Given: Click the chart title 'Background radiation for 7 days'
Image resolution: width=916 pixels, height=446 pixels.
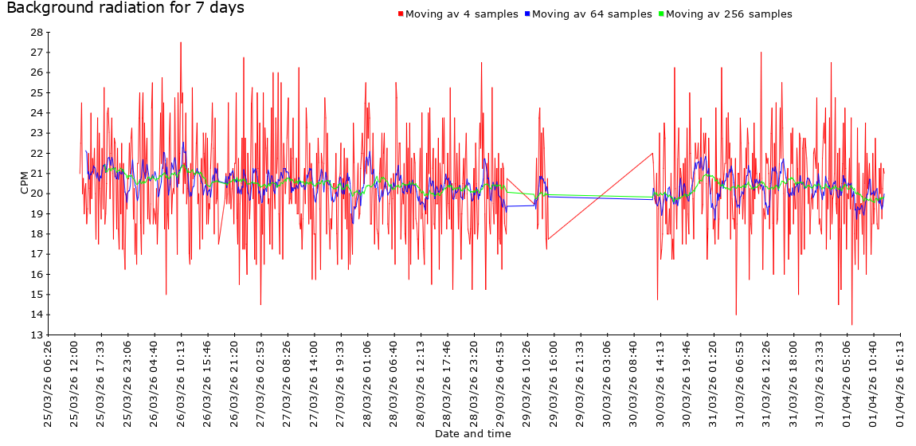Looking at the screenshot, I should click(x=125, y=9).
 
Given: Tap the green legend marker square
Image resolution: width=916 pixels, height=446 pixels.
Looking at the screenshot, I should click(x=660, y=14).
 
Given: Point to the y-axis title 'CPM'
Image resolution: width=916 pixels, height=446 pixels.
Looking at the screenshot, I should click(x=24, y=183).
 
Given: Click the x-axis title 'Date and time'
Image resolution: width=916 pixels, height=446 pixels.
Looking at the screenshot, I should click(x=472, y=434).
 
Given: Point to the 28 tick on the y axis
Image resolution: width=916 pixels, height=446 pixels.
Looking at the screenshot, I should click(x=37, y=33).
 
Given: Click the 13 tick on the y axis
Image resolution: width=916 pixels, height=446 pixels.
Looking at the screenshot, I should click(x=37, y=335).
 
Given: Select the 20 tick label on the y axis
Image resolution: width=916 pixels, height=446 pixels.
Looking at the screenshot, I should click(x=37, y=194).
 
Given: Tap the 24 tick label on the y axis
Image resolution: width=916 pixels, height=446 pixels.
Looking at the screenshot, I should click(x=37, y=113).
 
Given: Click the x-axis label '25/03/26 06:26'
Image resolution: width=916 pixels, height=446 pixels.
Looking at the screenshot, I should click(x=48, y=384).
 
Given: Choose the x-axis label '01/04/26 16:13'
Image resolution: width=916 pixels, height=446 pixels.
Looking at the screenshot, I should click(x=899, y=384).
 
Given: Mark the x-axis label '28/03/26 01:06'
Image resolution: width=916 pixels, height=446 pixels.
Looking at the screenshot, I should click(x=367, y=384).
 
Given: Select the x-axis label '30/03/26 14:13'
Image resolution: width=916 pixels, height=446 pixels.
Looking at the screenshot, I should click(x=660, y=384).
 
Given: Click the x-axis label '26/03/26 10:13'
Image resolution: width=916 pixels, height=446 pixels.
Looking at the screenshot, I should click(x=181, y=384).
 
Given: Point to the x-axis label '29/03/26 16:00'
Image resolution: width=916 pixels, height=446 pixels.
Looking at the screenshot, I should click(x=554, y=384).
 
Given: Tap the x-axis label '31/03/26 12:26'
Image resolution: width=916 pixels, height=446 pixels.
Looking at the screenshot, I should click(x=766, y=384).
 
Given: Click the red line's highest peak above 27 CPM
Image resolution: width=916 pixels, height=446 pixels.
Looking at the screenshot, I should click(x=181, y=42).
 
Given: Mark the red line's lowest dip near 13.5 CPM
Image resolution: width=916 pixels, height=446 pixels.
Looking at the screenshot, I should click(x=851, y=324).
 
